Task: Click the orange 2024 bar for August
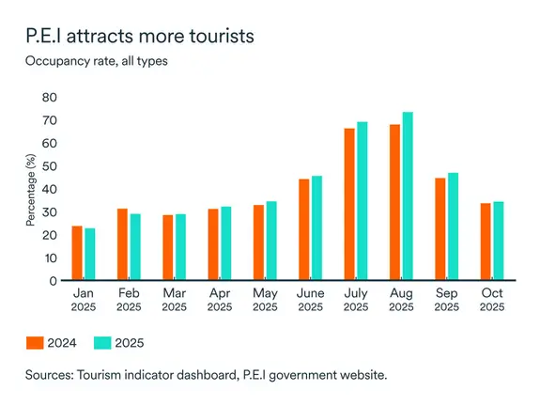394,202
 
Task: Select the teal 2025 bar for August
407,196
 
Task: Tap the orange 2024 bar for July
349,204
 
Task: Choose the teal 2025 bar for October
497,241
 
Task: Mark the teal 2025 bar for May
271,241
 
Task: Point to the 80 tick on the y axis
51,98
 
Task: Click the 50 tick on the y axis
51,166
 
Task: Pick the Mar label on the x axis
174,294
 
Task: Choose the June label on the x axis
310,294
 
